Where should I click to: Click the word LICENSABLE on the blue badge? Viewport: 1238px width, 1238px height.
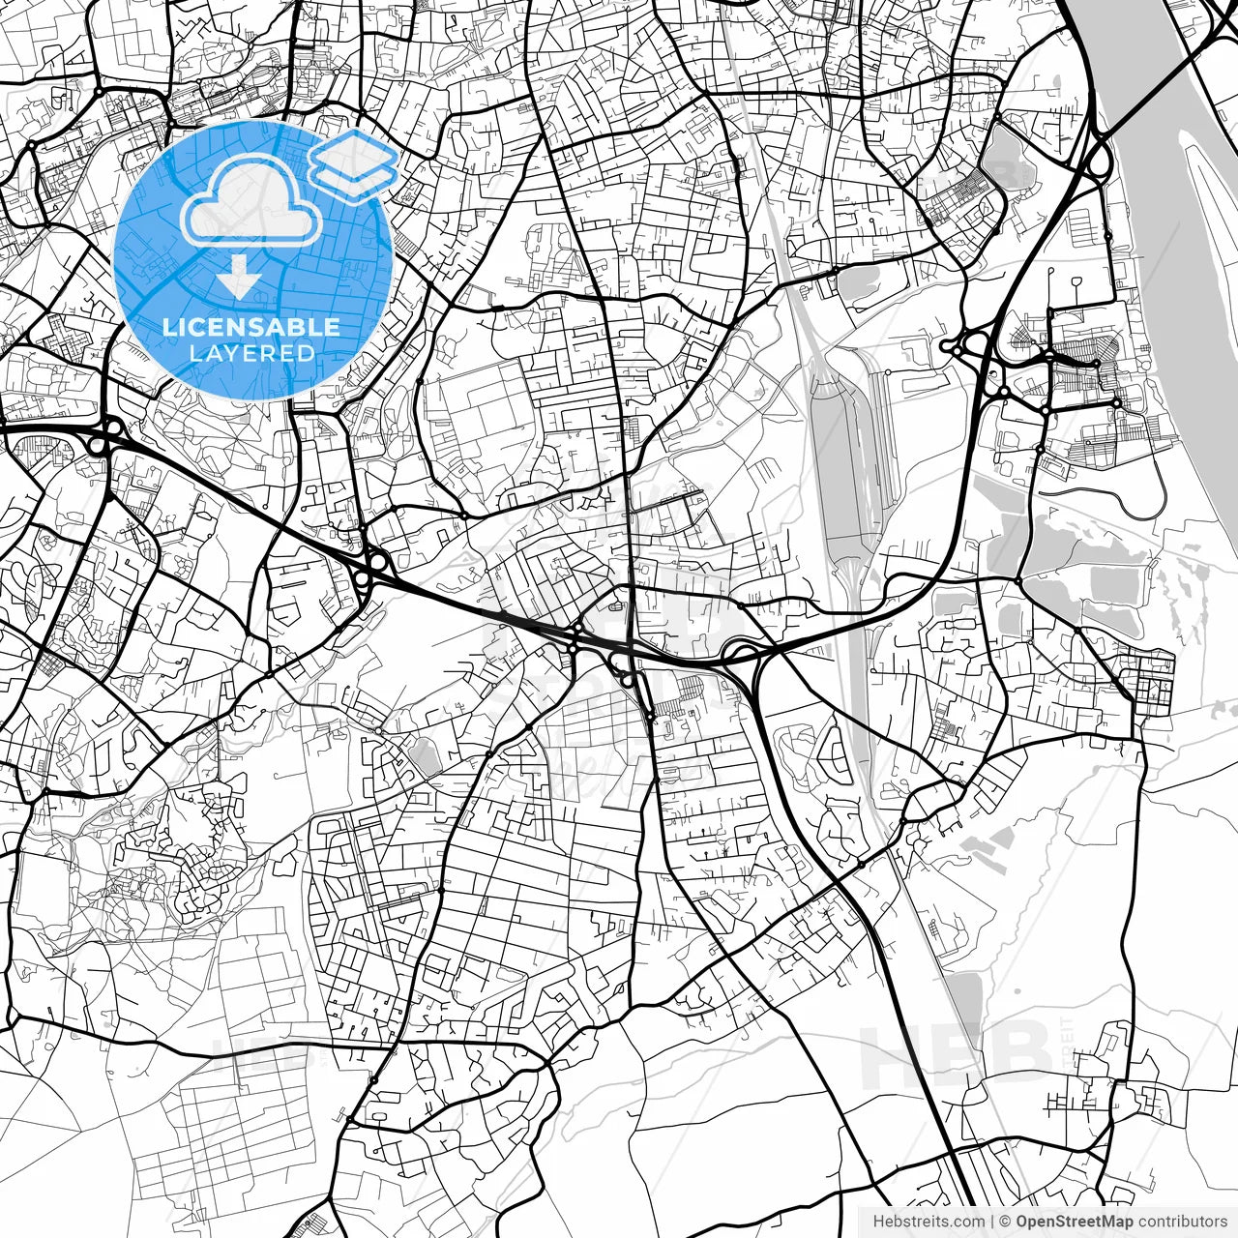click(251, 327)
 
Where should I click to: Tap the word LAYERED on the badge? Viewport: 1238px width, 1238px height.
click(251, 353)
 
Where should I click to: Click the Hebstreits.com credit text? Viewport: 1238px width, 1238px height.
click(928, 1221)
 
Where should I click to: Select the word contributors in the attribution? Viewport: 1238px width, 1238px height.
click(1183, 1221)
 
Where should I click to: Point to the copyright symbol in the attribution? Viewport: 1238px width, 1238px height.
click(1006, 1221)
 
